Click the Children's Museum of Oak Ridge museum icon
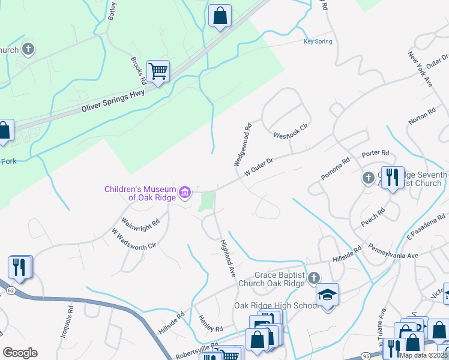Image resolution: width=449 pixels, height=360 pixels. pos(185,193)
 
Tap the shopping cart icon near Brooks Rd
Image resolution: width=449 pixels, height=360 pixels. pos(158,71)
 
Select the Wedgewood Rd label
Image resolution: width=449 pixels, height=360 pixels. pos(243,145)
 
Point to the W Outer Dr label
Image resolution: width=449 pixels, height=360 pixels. pos(259,167)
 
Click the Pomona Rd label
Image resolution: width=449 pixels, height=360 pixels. pos(336,169)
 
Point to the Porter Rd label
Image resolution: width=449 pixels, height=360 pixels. pos(376,154)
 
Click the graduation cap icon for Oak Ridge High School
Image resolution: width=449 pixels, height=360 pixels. pos(328,295)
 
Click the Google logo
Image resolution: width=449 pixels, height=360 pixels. pos(20,353)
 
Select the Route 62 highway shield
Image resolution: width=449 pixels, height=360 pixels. pos(11,290)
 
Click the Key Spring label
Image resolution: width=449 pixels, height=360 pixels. pos(318,41)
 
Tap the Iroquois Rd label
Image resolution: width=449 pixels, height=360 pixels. pos(66,322)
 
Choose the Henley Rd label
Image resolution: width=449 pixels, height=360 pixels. pos(210,325)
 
